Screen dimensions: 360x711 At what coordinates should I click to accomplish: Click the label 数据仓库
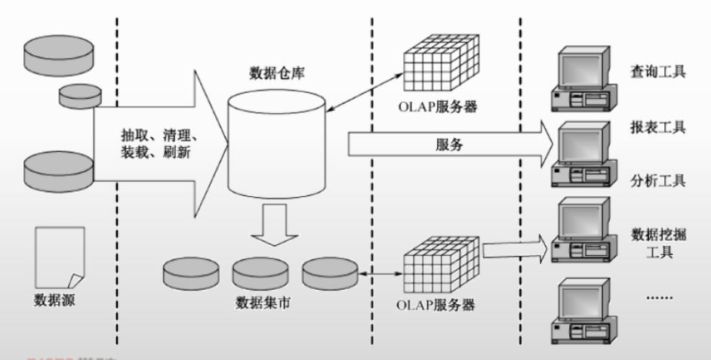coord(276,74)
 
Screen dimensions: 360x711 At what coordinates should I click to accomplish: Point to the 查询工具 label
coord(657,72)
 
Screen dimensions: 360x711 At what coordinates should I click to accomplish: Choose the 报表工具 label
coord(657,127)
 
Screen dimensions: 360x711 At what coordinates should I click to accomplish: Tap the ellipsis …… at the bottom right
coord(657,298)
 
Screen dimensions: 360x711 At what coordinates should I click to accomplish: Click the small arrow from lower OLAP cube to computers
coord(513,248)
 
